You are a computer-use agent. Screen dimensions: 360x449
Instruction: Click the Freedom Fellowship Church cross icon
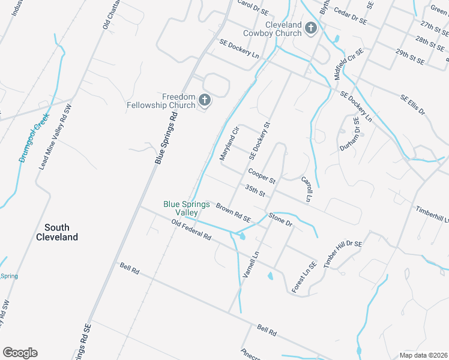(205, 100)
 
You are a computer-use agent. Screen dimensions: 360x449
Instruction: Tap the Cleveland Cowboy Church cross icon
(311, 28)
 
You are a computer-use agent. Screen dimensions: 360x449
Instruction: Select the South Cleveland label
(61, 232)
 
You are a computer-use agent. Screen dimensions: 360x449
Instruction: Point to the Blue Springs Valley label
(187, 208)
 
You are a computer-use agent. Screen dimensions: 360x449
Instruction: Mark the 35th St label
(255, 190)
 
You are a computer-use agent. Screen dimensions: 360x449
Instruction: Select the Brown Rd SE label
(233, 212)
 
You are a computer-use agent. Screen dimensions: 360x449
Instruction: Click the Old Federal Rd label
(191, 230)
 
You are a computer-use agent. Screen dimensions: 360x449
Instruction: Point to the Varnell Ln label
(250, 264)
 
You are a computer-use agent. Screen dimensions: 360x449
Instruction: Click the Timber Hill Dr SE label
(343, 253)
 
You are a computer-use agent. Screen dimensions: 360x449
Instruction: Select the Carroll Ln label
(307, 188)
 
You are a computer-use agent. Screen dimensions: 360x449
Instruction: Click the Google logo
(20, 353)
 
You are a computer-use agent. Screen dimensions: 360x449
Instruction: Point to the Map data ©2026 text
(424, 355)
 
